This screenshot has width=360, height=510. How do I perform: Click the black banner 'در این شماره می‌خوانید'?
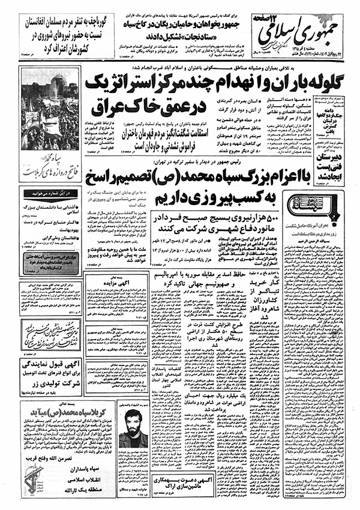coord(43,193)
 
